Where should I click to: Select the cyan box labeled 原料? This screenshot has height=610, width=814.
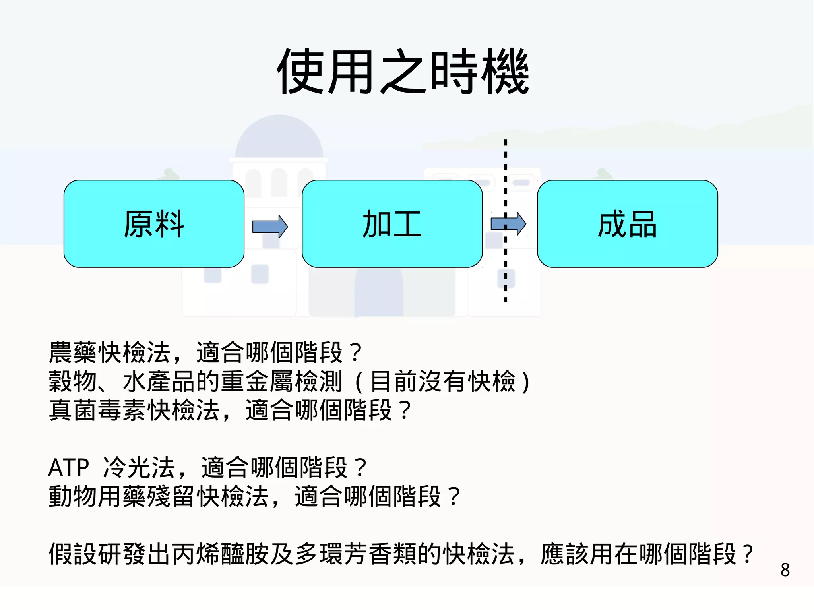154,224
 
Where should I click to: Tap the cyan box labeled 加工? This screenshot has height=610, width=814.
392,224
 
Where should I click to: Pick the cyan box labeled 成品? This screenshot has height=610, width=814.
627,224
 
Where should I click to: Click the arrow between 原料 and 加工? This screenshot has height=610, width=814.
270,227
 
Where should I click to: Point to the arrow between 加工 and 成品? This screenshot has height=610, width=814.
508,224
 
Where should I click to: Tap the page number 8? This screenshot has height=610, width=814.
785,570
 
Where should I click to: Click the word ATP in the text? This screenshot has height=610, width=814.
68,467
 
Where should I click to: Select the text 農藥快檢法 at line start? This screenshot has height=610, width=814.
109,352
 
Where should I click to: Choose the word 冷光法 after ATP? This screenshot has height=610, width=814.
139,467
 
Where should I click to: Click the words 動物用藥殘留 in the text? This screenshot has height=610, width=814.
122,496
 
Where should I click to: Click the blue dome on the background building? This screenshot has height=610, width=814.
279,137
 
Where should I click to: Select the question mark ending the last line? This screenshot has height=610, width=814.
748,554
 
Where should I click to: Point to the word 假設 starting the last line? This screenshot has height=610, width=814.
73,554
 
